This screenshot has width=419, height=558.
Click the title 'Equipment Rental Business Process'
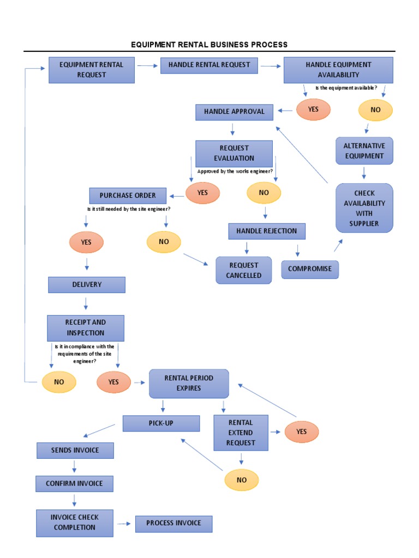209,45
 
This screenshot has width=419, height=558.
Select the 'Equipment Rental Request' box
92,70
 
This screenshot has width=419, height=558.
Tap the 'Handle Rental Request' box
209,65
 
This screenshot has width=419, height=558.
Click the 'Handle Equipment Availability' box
338,70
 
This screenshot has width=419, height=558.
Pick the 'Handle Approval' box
234,112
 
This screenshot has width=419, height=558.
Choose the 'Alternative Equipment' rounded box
364,151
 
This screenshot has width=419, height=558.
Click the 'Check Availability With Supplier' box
364,208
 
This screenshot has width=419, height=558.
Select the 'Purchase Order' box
128,196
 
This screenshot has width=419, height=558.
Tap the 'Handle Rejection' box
266,231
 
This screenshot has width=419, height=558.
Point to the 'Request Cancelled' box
244,270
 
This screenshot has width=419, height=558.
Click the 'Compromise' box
310,269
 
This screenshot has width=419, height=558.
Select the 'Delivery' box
87,284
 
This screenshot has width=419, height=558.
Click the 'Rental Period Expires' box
189,383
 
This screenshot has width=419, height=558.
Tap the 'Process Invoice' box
173,524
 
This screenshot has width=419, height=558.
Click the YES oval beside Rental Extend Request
302,432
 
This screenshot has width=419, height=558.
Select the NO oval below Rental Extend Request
242,480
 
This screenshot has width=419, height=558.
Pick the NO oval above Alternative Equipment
375,110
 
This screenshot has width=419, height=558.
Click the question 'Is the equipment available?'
346,88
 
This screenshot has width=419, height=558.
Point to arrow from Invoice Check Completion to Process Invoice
125,524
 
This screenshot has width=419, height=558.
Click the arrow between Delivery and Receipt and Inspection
86,304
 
